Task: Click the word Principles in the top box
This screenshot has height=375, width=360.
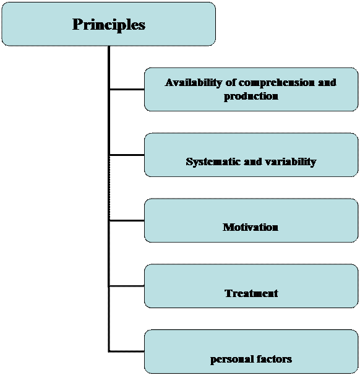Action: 109,25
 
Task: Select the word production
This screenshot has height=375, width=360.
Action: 251,96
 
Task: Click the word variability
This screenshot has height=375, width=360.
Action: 289,162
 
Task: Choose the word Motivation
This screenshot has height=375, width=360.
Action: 251,227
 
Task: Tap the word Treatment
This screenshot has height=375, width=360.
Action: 251,293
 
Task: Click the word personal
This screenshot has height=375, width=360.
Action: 229,359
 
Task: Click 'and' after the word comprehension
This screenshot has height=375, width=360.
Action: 327,82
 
